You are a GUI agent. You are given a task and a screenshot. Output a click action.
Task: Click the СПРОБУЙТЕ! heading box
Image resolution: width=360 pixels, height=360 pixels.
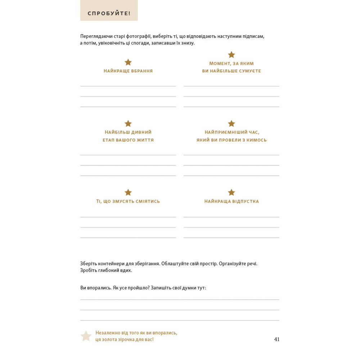(x=109, y=14)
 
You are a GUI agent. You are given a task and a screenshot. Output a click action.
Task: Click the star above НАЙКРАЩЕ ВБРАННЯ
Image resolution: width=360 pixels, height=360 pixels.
(x=128, y=62)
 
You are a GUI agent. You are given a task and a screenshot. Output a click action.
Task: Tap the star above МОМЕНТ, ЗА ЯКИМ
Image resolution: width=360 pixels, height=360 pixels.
(x=231, y=55)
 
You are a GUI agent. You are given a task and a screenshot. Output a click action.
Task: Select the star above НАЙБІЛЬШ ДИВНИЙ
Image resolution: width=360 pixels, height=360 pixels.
(x=128, y=123)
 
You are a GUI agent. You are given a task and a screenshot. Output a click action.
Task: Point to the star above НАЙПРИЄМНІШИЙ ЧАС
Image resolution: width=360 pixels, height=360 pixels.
(x=231, y=123)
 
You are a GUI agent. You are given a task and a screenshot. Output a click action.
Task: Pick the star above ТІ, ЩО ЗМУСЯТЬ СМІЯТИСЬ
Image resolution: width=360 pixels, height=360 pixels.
(x=128, y=193)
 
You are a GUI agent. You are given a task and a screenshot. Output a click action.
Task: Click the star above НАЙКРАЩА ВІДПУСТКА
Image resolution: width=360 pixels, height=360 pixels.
(x=231, y=193)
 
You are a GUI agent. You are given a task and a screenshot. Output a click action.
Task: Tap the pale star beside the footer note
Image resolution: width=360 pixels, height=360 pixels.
(x=86, y=336)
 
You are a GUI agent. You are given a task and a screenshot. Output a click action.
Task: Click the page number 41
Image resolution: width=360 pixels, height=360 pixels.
(x=276, y=339)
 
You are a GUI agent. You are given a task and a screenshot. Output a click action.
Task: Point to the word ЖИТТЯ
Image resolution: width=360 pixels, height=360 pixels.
(x=144, y=140)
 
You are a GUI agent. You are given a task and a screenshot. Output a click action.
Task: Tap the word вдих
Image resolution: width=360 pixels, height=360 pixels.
(x=127, y=270)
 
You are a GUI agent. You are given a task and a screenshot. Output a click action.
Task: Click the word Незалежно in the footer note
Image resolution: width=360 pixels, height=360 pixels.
(x=107, y=333)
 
